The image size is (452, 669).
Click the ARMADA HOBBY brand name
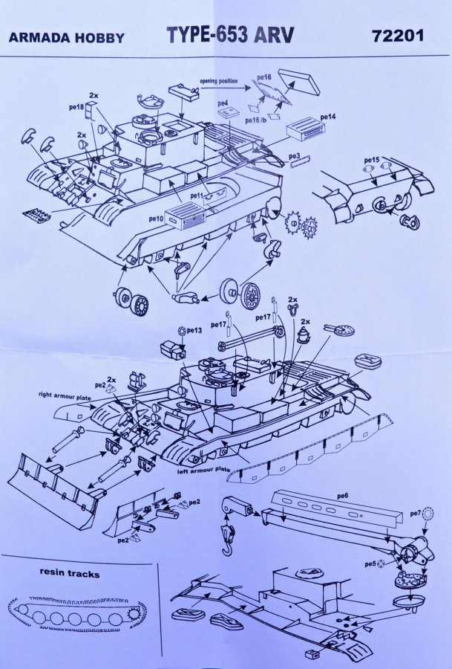click(x=67, y=38)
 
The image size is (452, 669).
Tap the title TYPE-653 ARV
click(x=230, y=34)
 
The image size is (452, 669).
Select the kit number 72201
click(x=398, y=36)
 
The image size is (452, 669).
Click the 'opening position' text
click(x=219, y=81)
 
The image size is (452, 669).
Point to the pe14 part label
click(x=328, y=117)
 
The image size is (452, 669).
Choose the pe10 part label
click(x=156, y=219)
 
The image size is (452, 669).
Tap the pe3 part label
click(x=295, y=157)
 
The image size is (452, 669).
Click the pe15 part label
click(x=372, y=160)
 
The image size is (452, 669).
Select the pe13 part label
click(x=194, y=330)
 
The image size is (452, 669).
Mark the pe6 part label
click(x=342, y=496)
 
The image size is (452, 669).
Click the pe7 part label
click(x=416, y=514)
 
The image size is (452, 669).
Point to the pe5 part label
click(x=370, y=564)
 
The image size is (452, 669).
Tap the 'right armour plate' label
click(x=65, y=395)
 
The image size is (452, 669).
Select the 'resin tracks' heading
click(x=70, y=572)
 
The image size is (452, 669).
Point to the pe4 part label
click(x=223, y=103)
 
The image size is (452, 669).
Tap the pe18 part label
click(x=76, y=107)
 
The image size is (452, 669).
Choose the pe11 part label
click(x=197, y=195)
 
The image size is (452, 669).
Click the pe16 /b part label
click(x=256, y=120)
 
